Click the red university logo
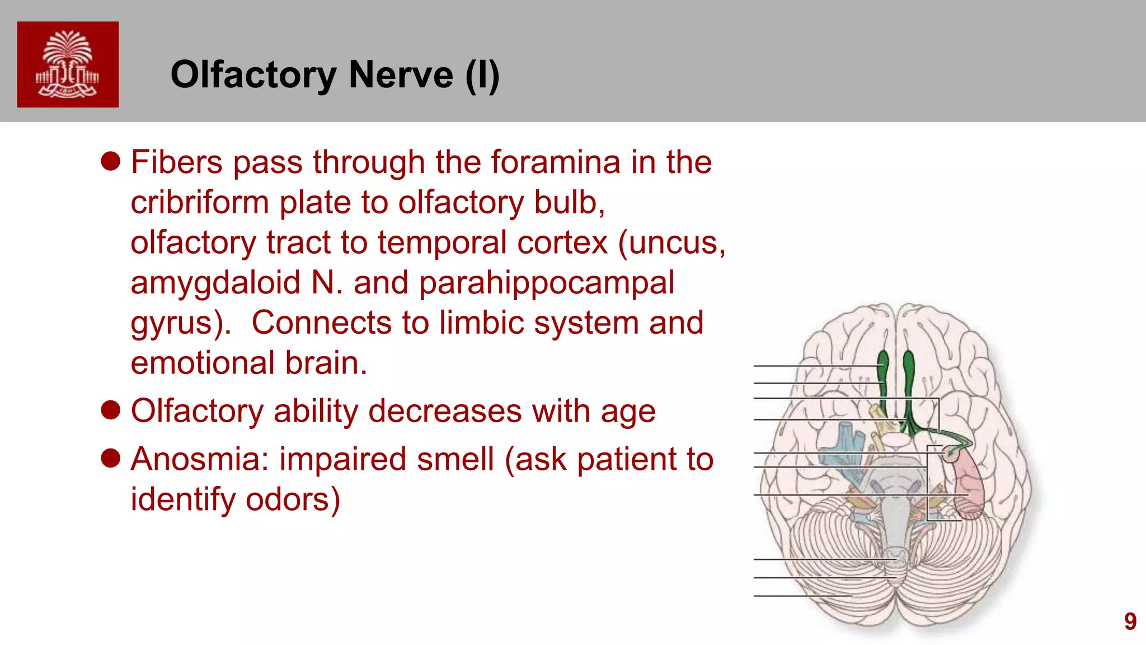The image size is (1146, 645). coord(68,64)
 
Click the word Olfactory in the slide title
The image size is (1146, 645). coord(253,74)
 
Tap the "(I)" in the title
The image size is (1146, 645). coord(482,74)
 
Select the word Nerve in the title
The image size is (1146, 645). coord(401,74)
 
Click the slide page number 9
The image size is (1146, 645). coord(1130,621)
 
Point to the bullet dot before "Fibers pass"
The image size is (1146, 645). coord(111,161)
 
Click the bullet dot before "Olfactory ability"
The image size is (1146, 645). coord(111,410)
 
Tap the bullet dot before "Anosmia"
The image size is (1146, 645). coord(111,458)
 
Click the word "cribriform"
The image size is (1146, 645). coord(200,202)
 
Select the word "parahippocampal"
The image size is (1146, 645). coord(546,283)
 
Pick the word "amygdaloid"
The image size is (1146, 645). coord(215,283)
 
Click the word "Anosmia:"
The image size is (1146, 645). coord(200,459)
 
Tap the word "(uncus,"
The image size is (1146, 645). coord(671,242)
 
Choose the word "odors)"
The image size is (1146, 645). coord(293,499)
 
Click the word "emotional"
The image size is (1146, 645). coord(203,363)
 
